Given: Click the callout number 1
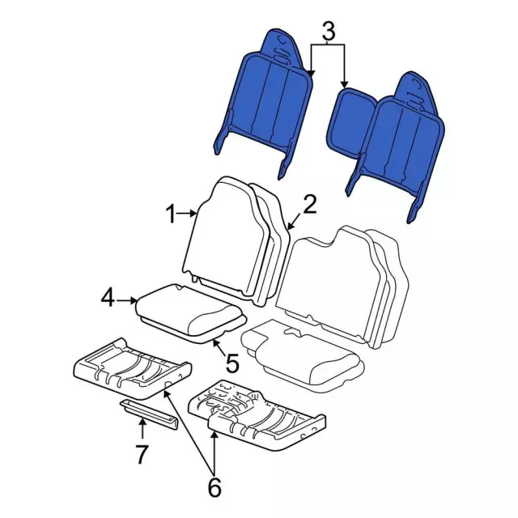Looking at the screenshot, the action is point(171,214).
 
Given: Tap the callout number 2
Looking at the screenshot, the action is point(309,204).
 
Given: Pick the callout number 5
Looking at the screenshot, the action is point(232,363).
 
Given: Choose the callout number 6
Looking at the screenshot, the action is point(214,487).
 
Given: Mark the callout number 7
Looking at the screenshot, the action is point(142,455).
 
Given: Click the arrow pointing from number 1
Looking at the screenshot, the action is point(186,214).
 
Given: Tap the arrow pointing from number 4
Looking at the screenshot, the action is point(126,300).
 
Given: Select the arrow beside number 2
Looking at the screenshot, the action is point(294,221).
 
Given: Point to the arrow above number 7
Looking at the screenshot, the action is point(142,429).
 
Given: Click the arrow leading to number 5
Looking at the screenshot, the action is point(220,347).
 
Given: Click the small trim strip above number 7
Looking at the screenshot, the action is point(149,414).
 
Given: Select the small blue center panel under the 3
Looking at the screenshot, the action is point(350,122).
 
